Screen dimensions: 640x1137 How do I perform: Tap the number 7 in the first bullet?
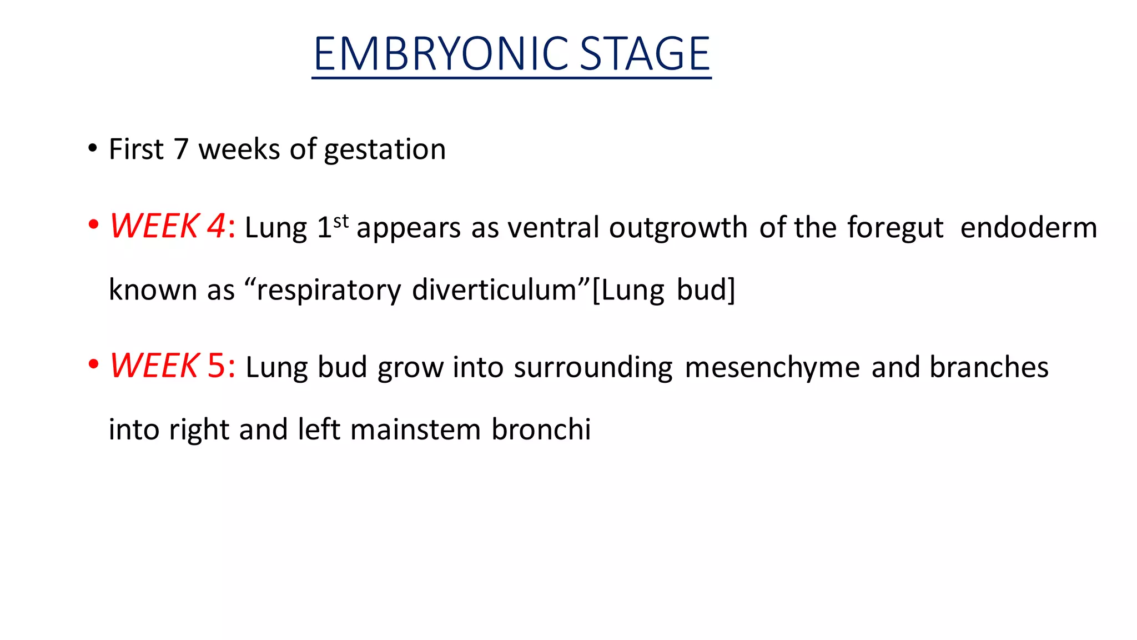(x=181, y=149)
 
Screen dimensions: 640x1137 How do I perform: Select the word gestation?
(x=385, y=150)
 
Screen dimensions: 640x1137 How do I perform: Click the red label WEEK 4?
(x=167, y=226)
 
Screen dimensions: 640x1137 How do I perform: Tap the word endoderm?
(x=1028, y=228)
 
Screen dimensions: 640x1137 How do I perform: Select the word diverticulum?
(x=494, y=290)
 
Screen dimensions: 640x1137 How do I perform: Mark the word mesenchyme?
(x=772, y=368)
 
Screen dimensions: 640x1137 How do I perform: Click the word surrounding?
(x=593, y=368)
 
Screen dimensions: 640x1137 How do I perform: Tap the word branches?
(x=989, y=367)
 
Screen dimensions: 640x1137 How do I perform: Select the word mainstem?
(x=415, y=429)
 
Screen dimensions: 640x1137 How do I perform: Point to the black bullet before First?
(x=93, y=149)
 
